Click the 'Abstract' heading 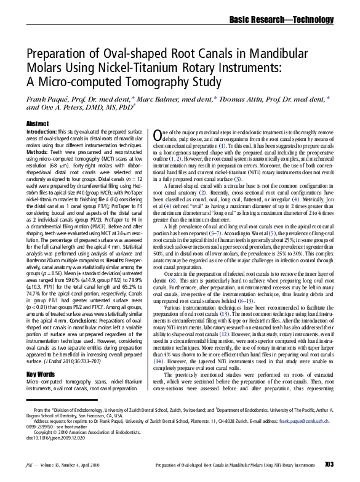pyautogui.click(x=38, y=124)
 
